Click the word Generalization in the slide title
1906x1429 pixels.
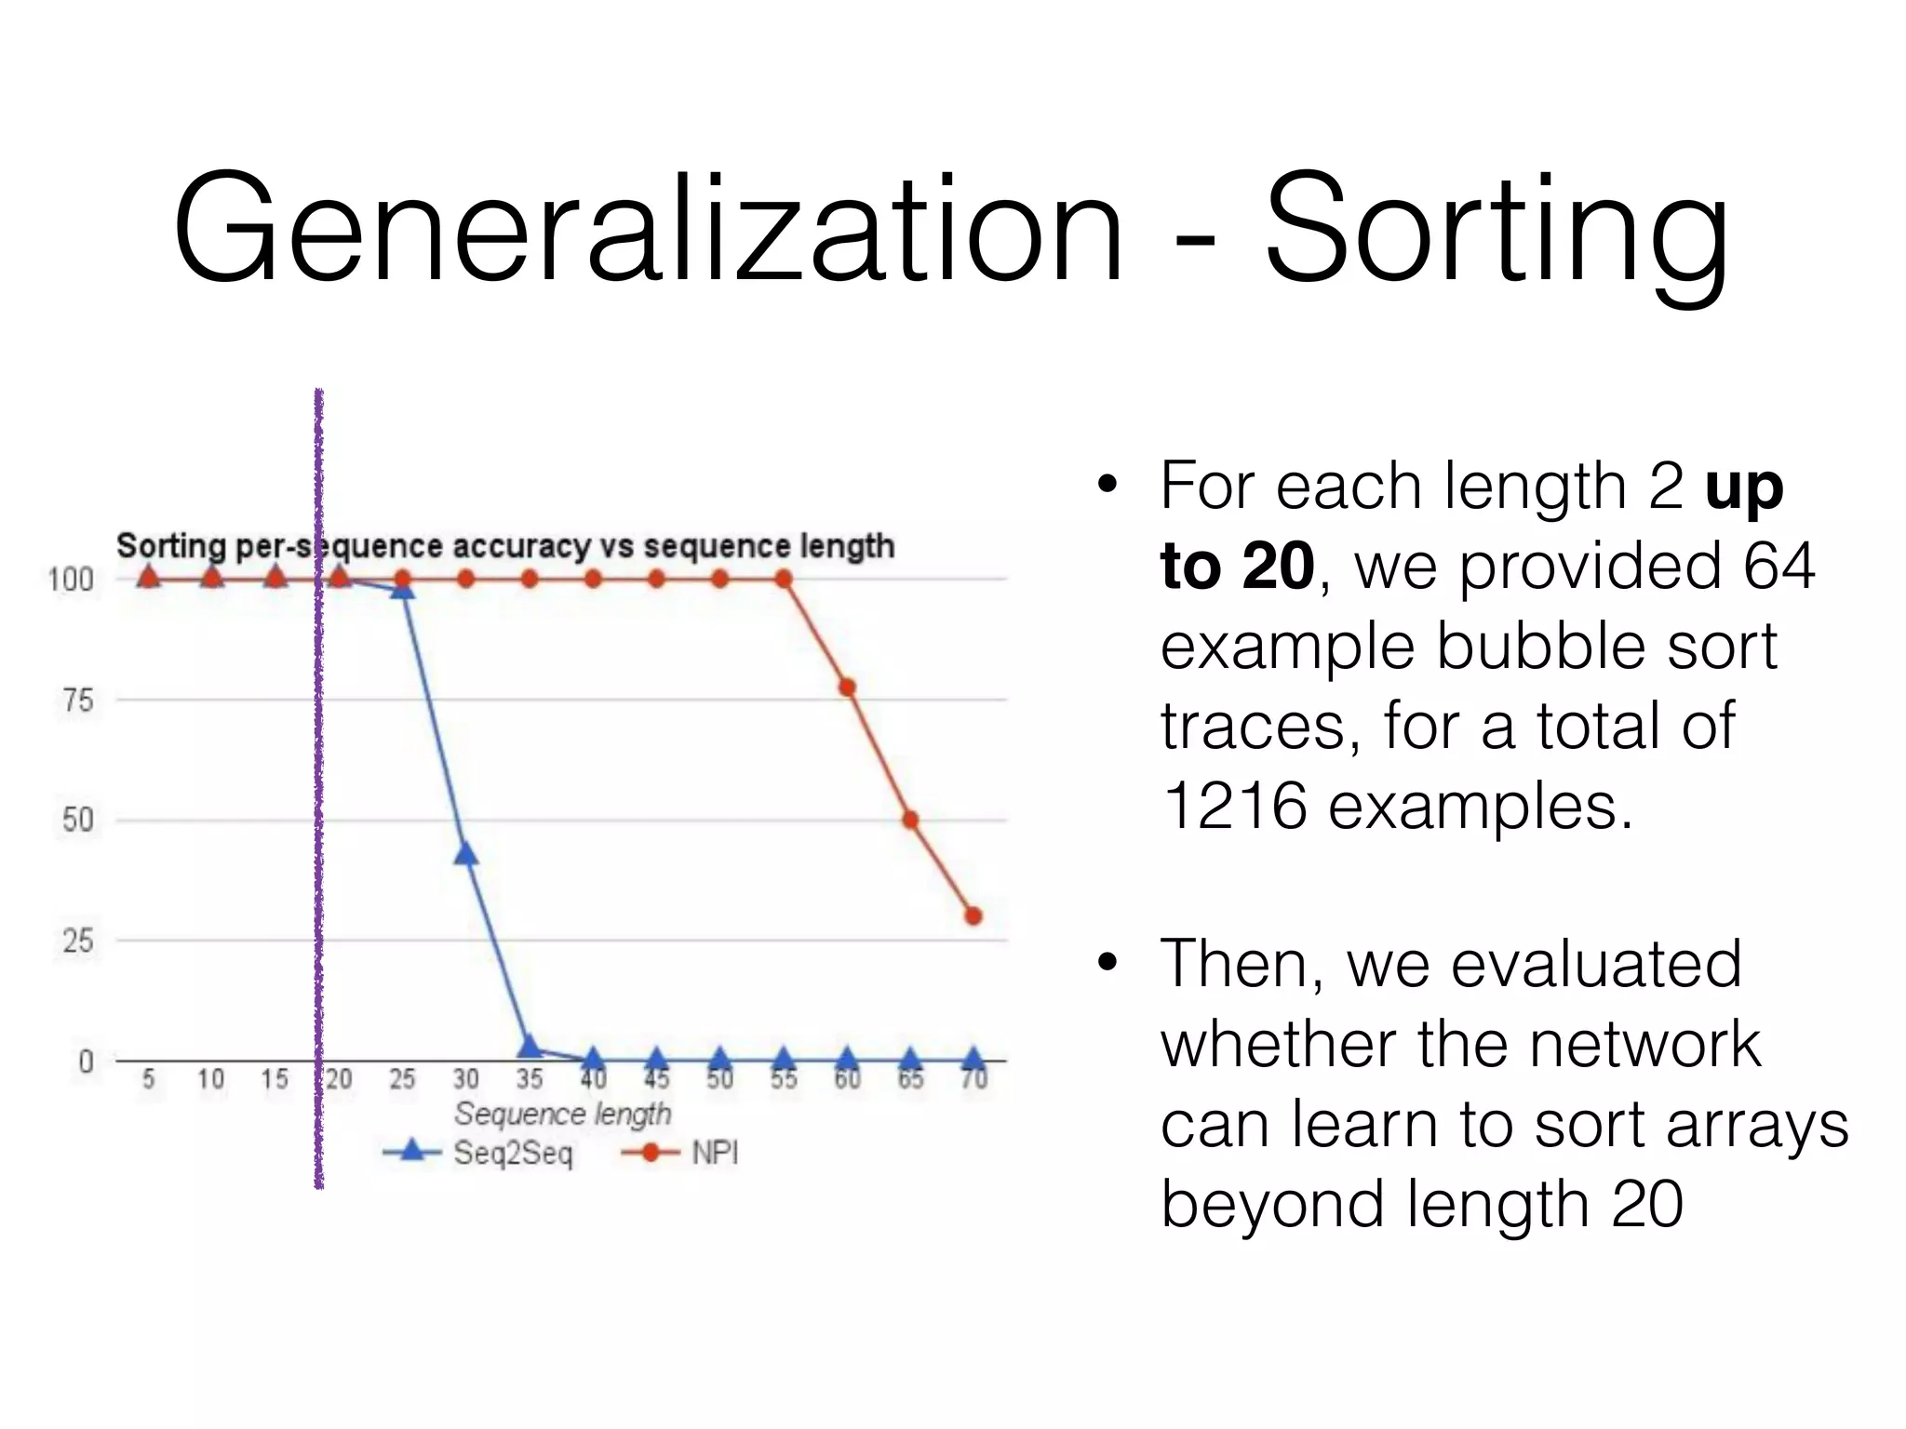click(648, 228)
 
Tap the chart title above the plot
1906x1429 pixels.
click(505, 546)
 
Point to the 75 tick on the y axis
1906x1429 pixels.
click(78, 700)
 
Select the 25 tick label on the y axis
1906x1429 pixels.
click(78, 941)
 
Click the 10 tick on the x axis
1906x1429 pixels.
click(211, 1079)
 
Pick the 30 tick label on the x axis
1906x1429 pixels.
click(465, 1079)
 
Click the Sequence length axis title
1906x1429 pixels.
click(562, 1114)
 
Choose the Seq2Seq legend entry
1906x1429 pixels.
click(479, 1154)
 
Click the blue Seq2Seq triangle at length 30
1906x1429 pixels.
click(465, 854)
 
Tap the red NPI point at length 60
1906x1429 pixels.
click(847, 688)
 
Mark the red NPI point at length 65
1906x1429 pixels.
click(910, 820)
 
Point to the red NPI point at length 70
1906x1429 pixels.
click(973, 916)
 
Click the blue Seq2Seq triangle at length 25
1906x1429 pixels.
click(402, 589)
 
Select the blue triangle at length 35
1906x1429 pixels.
click(530, 1048)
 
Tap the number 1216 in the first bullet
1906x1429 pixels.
click(1235, 806)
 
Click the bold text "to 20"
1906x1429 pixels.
click(1237, 566)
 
